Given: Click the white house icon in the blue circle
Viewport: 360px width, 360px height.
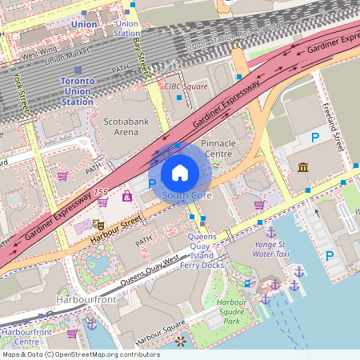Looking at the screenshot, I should (x=180, y=171).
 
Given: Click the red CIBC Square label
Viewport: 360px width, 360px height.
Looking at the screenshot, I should (x=185, y=86).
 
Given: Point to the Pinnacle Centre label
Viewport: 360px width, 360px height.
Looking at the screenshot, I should (x=218, y=148).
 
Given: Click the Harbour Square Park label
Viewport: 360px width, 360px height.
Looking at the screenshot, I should (x=231, y=311).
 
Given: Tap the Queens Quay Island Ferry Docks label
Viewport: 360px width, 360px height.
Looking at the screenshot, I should (x=202, y=250).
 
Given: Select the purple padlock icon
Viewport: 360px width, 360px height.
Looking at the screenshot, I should (x=126, y=195).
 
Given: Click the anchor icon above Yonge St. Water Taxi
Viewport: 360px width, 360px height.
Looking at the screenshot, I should (x=270, y=231).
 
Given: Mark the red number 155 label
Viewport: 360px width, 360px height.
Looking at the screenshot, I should (x=100, y=193).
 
